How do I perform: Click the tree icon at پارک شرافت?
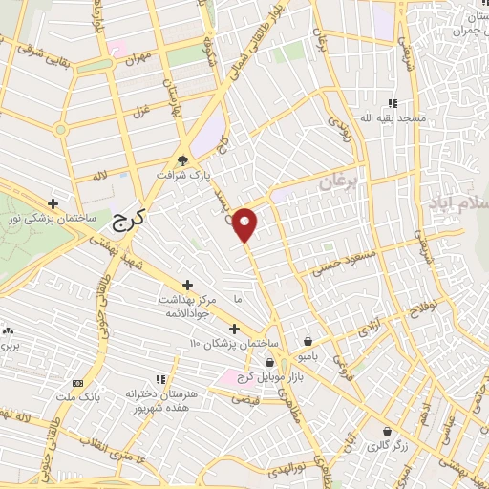[183, 160]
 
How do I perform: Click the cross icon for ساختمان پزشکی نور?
[54, 203]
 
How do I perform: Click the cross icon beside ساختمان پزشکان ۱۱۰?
[233, 329]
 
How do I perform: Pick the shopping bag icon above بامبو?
[308, 341]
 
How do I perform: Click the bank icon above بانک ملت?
[78, 382]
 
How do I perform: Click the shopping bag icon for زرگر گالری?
[387, 431]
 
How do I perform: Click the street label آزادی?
[368, 329]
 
